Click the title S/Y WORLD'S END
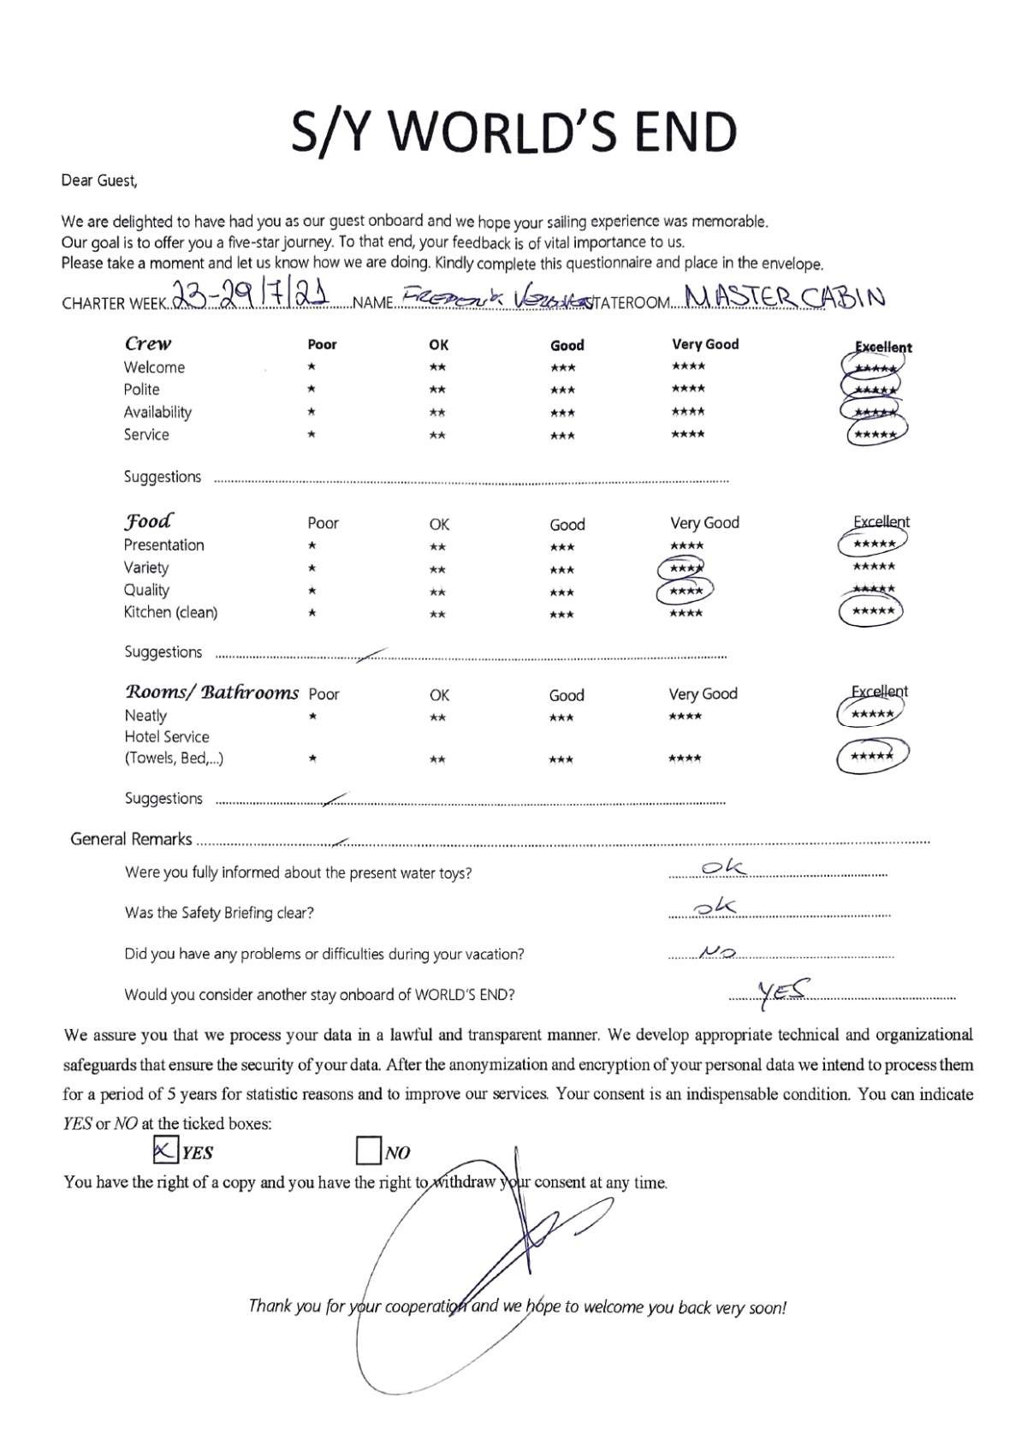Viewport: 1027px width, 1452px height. click(513, 132)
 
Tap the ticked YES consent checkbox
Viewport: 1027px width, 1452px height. click(164, 1151)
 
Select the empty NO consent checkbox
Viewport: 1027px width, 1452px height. click(368, 1151)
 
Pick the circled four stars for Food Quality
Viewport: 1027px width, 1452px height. click(685, 591)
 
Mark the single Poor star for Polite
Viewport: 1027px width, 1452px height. click(312, 390)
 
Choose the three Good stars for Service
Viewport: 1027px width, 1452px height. click(562, 436)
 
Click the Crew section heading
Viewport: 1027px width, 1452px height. click(148, 344)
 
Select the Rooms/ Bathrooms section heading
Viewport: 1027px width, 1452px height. click(212, 693)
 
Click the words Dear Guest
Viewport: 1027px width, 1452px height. click(98, 181)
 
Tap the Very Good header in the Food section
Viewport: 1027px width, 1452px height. click(704, 522)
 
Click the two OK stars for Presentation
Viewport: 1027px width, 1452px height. click(437, 547)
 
